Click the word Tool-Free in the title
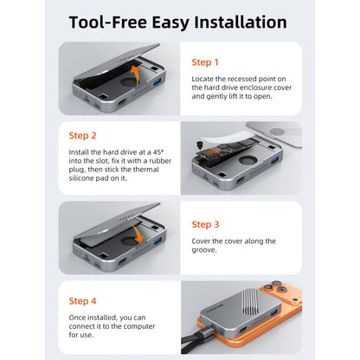tap(108, 22)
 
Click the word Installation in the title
tap(241, 22)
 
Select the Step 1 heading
tap(205, 62)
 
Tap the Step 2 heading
tap(82, 136)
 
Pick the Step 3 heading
tap(205, 224)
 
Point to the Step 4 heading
tap(82, 301)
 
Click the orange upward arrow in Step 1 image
tap(136, 74)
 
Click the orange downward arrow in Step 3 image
tap(137, 234)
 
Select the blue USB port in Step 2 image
tap(275, 159)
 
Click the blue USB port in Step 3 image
tap(158, 241)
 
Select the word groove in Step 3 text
tap(204, 250)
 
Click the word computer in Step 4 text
tap(139, 326)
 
